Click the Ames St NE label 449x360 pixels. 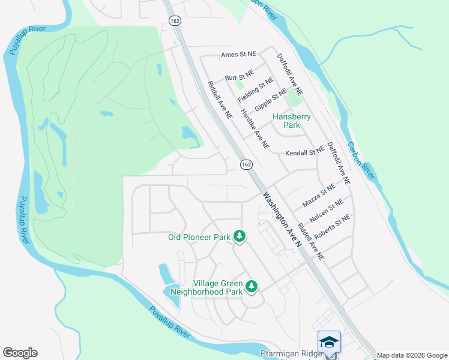[238, 54]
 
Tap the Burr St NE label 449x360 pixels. [240, 77]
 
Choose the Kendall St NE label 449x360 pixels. [304, 153]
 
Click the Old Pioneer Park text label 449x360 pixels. [199, 238]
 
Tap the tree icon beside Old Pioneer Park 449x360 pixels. [240, 237]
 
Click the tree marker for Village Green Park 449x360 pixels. [252, 287]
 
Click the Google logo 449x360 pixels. [20, 353]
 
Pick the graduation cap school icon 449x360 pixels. [329, 341]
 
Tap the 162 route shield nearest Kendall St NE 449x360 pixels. [246, 164]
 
